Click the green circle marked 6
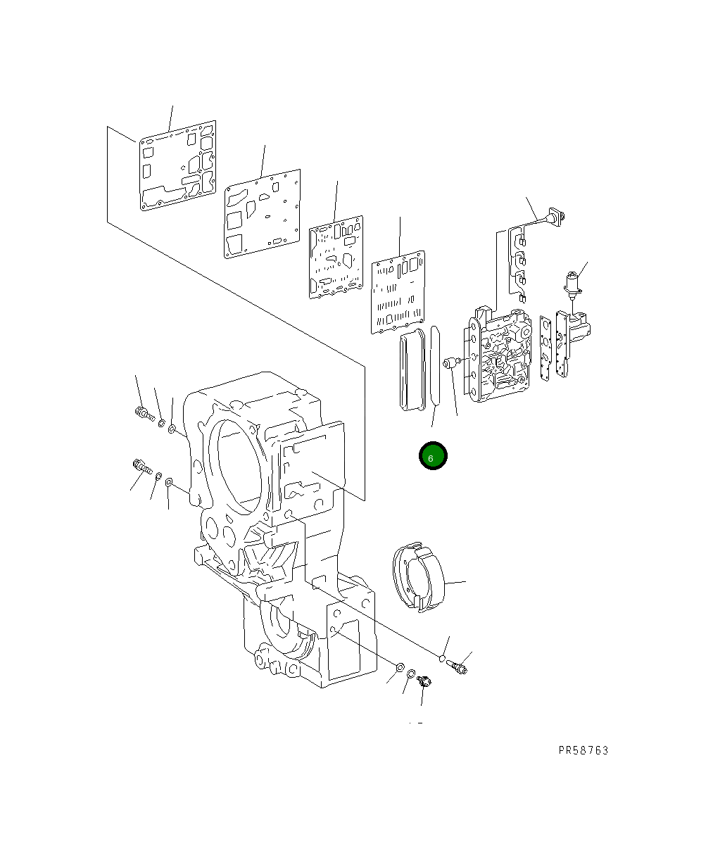click(x=432, y=456)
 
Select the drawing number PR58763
click(x=583, y=750)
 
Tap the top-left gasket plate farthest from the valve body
click(x=177, y=167)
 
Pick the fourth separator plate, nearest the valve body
click(x=399, y=290)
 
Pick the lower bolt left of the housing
click(x=140, y=467)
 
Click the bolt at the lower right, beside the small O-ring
click(x=458, y=666)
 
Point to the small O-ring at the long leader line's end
click(x=441, y=659)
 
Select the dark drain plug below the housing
click(x=424, y=681)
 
